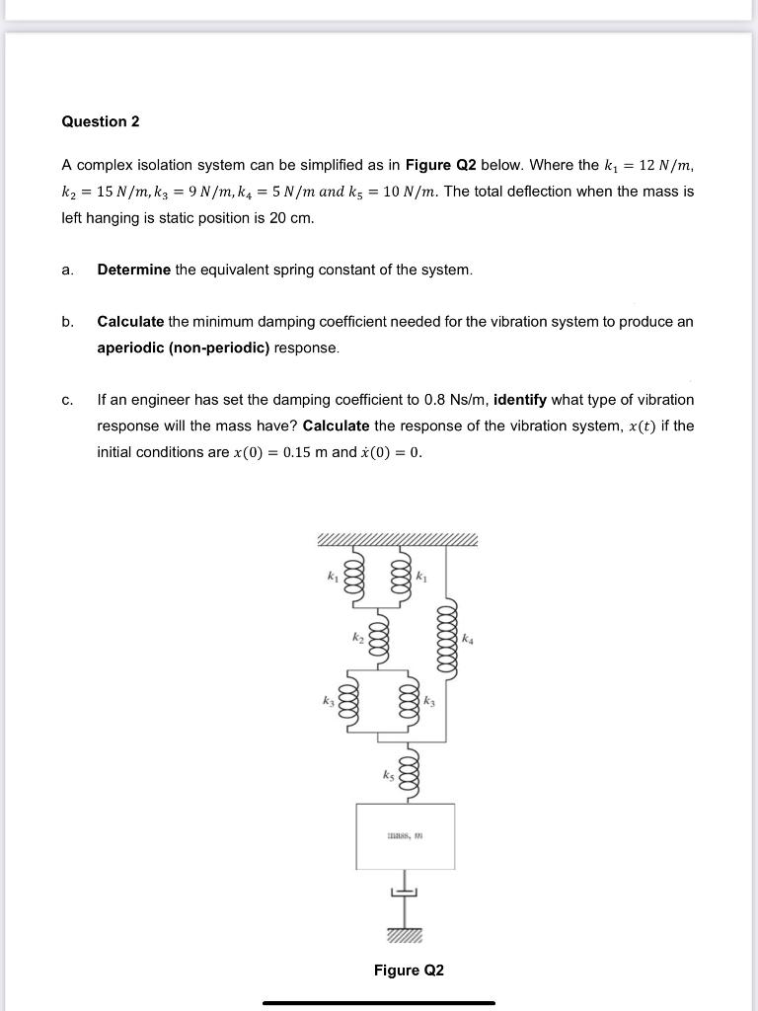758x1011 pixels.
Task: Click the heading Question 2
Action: click(x=101, y=121)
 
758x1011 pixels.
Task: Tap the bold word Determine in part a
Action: click(x=133, y=270)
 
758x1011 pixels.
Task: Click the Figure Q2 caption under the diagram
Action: click(x=409, y=971)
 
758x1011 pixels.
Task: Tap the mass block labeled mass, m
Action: click(x=406, y=835)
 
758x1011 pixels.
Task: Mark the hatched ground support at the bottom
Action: click(x=405, y=934)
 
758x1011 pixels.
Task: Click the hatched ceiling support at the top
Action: click(x=397, y=540)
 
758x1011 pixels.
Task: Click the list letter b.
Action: click(x=67, y=322)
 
